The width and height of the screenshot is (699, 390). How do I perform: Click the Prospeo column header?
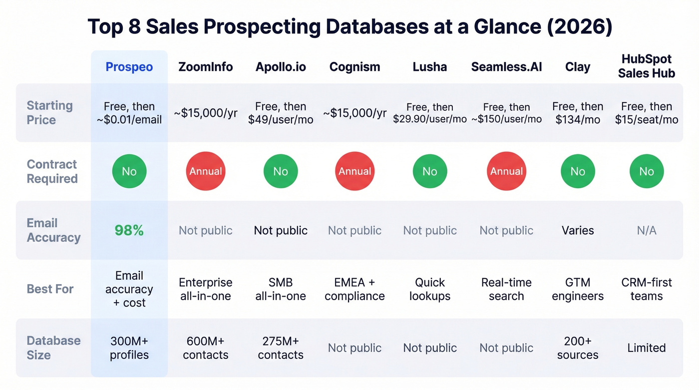[x=129, y=67]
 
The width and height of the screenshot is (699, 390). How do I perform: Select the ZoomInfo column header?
[x=206, y=67]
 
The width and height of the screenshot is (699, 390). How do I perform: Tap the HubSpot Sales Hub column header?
[x=646, y=66]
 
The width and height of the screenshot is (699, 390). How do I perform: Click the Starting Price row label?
[x=49, y=113]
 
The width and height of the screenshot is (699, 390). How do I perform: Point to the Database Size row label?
[x=53, y=348]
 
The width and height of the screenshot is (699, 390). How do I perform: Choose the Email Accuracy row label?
[x=53, y=230]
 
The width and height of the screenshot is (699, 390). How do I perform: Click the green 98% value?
[x=129, y=230]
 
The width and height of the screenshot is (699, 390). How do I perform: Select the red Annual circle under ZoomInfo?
[x=206, y=171]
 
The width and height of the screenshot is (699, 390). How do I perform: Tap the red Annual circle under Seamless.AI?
[x=506, y=171]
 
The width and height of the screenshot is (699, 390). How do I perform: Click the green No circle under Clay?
[x=578, y=171]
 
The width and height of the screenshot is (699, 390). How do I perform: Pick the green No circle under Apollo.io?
[x=281, y=171]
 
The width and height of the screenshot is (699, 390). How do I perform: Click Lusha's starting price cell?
[x=430, y=113]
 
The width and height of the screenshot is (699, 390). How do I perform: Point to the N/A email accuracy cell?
[x=646, y=230]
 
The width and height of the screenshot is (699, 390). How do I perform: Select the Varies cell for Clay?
[x=578, y=230]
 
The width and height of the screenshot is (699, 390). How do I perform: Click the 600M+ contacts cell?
[x=206, y=348]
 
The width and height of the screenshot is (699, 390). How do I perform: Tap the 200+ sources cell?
[x=578, y=348]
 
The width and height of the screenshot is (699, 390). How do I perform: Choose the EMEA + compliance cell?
[x=354, y=289]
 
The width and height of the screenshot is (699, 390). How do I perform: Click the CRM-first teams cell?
[x=646, y=289]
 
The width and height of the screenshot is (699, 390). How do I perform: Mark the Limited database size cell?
[x=646, y=348]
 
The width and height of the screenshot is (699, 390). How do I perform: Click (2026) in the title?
[x=579, y=27]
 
